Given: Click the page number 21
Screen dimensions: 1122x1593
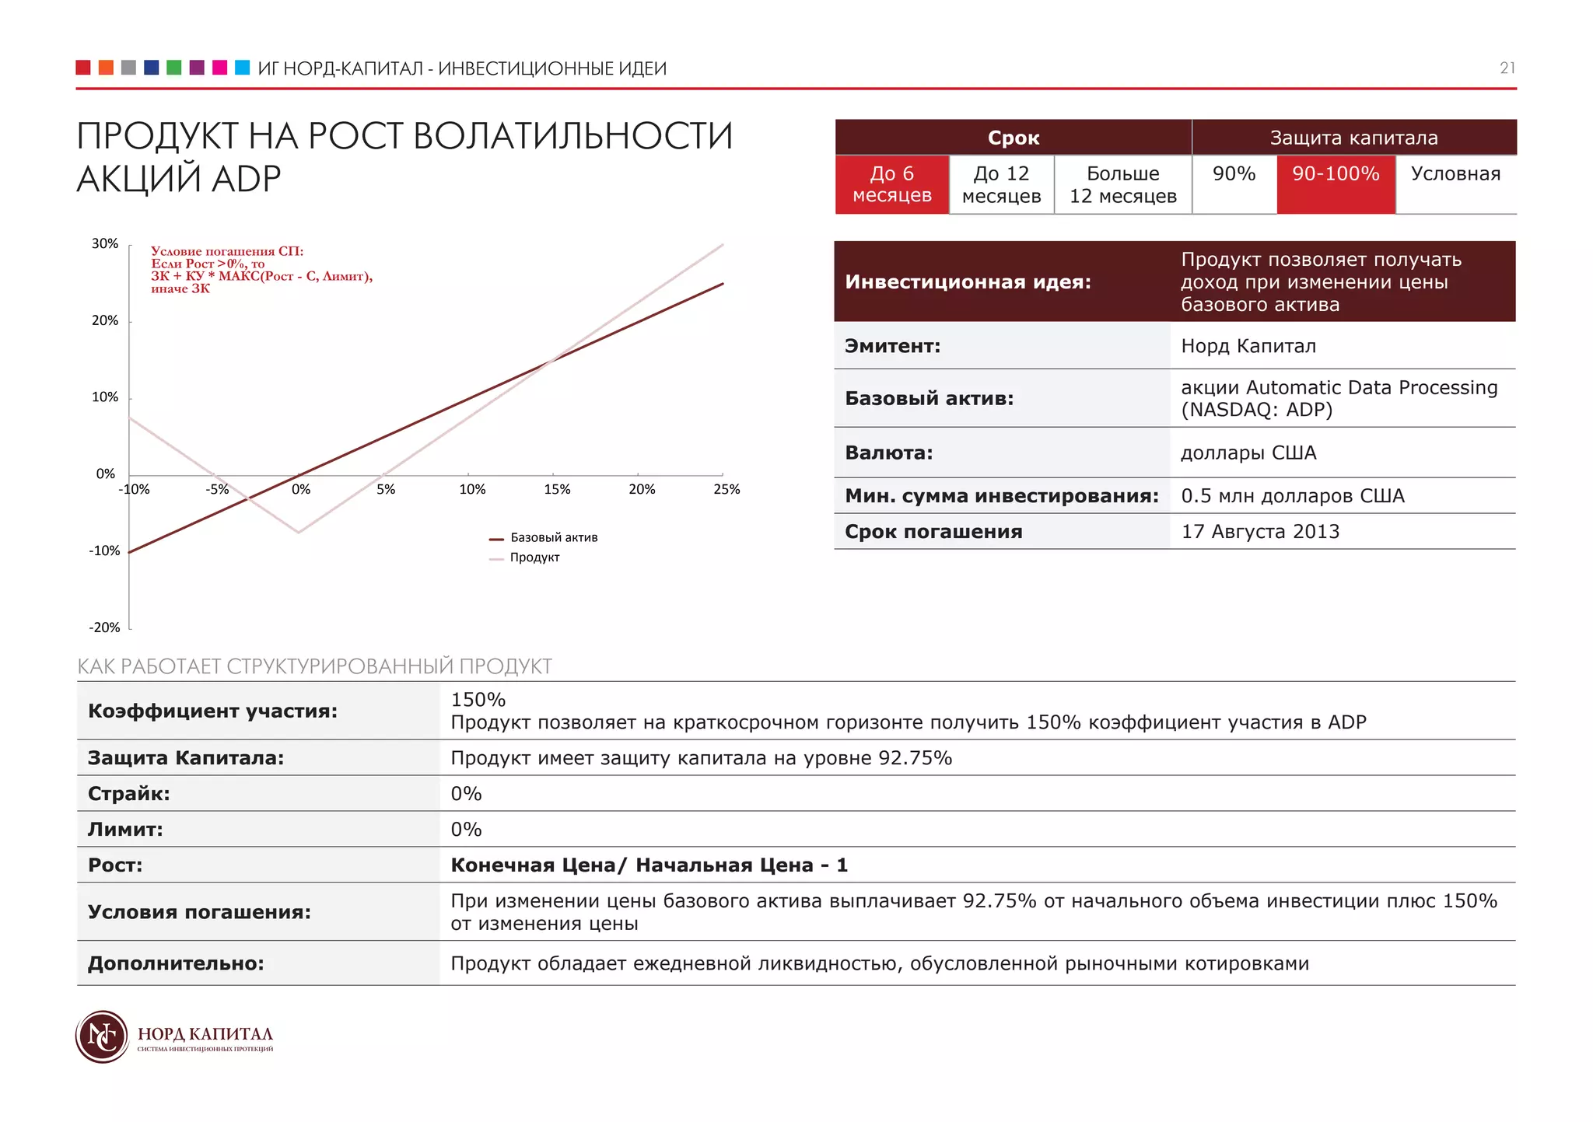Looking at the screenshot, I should [1507, 68].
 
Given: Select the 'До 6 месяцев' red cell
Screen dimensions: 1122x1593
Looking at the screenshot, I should [891, 184].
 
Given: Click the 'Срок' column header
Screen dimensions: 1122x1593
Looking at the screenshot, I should [1013, 138].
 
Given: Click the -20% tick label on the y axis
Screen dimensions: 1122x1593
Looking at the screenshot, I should [104, 627].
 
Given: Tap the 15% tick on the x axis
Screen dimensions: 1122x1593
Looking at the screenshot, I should [557, 489].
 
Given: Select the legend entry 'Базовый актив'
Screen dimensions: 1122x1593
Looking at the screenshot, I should [553, 537].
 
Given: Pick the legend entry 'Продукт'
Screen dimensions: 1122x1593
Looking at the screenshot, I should [534, 558].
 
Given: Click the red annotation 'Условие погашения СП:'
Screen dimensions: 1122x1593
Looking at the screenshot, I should [227, 251].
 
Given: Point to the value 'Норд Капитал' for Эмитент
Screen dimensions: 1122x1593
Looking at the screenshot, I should [1248, 346].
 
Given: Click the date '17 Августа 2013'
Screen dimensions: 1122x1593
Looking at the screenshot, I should [1260, 532].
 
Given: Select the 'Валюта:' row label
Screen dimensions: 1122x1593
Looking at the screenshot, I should [888, 453].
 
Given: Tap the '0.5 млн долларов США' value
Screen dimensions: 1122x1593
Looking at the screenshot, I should [1292, 496].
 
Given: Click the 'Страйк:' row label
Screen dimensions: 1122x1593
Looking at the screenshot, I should [129, 794].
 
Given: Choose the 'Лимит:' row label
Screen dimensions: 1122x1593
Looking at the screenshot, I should [125, 830].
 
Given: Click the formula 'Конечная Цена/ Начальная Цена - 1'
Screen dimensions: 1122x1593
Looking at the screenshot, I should [649, 865].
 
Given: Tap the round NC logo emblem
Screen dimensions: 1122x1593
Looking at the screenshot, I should [102, 1036].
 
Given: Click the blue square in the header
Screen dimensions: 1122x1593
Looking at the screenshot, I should [152, 68].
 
